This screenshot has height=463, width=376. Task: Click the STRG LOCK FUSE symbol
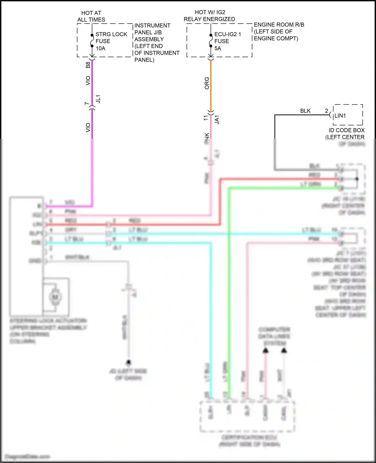point(92,41)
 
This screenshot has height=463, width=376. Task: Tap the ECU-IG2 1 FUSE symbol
point(211,41)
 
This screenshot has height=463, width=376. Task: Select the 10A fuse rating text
point(101,48)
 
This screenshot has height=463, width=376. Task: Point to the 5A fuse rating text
point(218,48)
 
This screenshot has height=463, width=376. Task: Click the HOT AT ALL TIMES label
point(91,16)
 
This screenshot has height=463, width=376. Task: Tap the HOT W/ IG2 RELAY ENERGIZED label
point(210,16)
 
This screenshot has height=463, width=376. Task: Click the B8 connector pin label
point(88,65)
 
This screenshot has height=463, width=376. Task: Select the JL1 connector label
point(99,99)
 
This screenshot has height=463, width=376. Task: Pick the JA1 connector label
point(217,120)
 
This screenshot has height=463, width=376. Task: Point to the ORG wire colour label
point(207,83)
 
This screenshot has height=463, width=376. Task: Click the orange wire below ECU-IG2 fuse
point(211,85)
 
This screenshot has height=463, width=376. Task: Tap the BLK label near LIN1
point(305,111)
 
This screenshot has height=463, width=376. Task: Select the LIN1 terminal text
point(340,116)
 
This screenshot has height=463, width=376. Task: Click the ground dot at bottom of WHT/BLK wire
point(129,362)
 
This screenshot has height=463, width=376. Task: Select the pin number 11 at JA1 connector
point(206,118)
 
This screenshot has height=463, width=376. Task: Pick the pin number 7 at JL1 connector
point(87,104)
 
